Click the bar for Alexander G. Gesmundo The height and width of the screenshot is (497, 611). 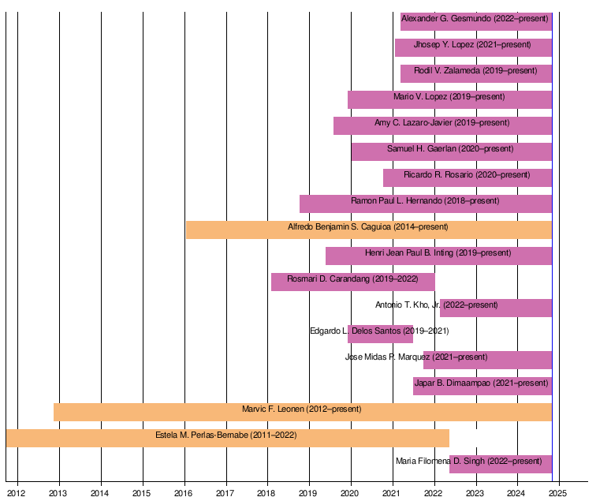tap(476, 22)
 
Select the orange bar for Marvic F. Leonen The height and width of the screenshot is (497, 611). tap(303, 412)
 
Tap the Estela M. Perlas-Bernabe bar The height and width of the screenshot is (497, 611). tap(228, 438)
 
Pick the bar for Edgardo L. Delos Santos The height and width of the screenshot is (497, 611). tap(380, 334)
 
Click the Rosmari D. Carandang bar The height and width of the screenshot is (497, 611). tap(353, 282)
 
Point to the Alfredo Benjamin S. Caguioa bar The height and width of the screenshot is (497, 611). tap(369, 230)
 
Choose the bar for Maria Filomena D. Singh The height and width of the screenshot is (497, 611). tap(501, 464)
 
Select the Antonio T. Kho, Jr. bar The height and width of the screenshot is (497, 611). tap(496, 308)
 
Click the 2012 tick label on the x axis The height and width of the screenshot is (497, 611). tap(16, 493)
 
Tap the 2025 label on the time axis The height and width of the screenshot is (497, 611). tap(557, 493)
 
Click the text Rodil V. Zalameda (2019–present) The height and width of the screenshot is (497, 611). tap(475, 70)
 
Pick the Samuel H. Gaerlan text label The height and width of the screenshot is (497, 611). tap(422, 148)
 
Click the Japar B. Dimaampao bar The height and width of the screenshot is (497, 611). tap(482, 386)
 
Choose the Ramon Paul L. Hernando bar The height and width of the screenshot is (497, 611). tap(426, 204)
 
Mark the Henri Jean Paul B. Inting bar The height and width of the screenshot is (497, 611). tap(439, 256)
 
